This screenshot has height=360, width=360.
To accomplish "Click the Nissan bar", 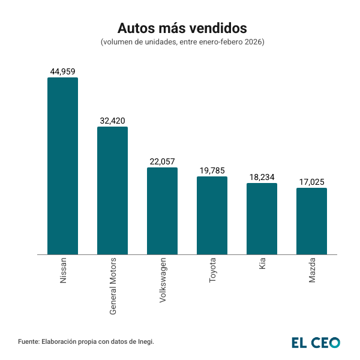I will (x=62, y=166).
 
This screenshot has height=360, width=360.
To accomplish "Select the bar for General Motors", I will (x=112, y=190).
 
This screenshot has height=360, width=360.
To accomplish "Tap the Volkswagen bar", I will (x=162, y=211).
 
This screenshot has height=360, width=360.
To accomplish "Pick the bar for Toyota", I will (x=212, y=215).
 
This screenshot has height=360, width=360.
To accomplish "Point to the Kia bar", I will (x=262, y=218).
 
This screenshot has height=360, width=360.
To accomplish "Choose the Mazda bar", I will (x=311, y=221).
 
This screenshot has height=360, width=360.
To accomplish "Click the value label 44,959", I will (x=62, y=71).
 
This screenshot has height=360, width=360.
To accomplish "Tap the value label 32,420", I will (x=112, y=121).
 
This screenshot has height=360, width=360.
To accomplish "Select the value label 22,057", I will (x=162, y=161).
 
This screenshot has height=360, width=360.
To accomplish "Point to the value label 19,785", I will (x=212, y=170).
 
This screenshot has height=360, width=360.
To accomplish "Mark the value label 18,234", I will (x=262, y=177).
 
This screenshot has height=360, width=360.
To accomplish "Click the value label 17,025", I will (x=311, y=182).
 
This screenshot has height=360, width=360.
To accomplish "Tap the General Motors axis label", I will (x=113, y=287).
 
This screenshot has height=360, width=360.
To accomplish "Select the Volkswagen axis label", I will (x=163, y=281).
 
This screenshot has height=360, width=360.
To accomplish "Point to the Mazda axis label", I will (x=312, y=272).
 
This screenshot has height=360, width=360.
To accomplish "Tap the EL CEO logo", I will (x=316, y=343).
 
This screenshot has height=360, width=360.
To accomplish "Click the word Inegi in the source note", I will (x=145, y=341).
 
